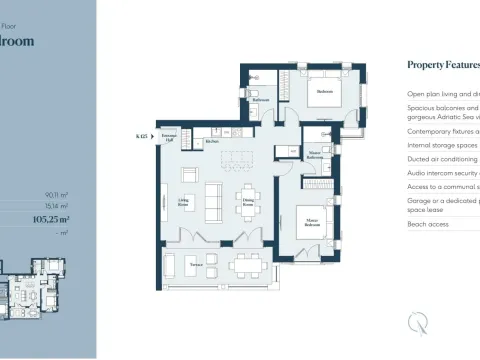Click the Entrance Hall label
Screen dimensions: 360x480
[169, 138]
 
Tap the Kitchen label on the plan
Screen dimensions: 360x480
[212, 141]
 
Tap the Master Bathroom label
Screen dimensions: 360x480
[314, 156]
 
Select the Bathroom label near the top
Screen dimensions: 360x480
[260, 100]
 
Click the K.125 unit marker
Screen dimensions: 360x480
[141, 133]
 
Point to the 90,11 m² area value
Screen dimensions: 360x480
[55, 196]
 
